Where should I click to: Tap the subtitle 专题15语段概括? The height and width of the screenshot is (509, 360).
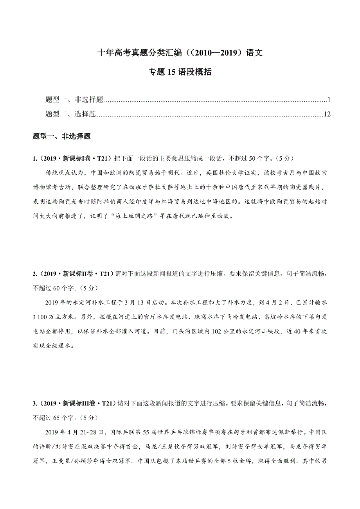pyautogui.click(x=180, y=72)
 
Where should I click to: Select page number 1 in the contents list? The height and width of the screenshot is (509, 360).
pyautogui.click(x=329, y=100)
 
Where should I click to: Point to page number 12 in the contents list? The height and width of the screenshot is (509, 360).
pyautogui.click(x=328, y=115)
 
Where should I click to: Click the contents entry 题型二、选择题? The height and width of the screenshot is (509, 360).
pyautogui.click(x=71, y=115)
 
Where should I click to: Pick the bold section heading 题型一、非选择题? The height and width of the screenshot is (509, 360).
pyautogui.click(x=62, y=137)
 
